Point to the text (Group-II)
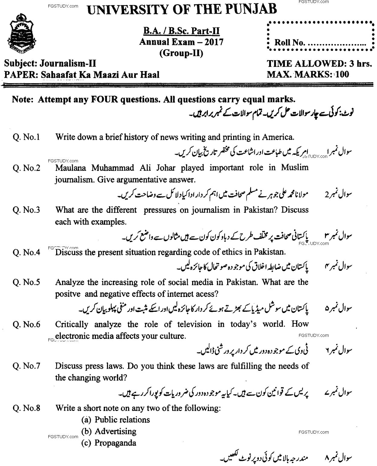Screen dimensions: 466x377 click(181, 53)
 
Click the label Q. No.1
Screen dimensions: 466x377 click(27, 137)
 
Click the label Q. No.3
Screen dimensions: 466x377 click(27, 210)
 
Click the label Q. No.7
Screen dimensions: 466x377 click(27, 366)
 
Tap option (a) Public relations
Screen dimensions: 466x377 click(116, 420)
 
